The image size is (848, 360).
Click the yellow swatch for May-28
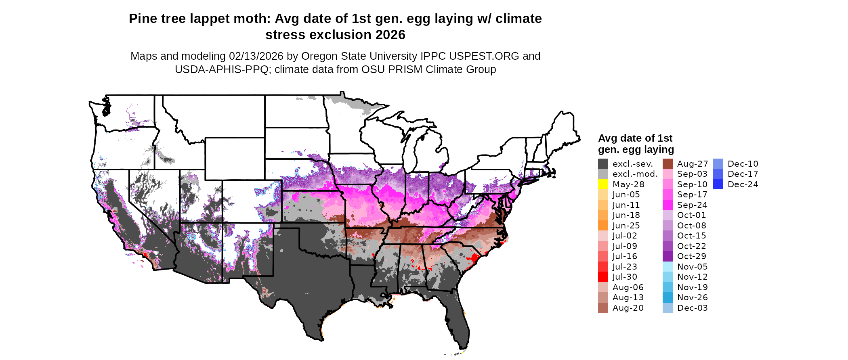point(603,184)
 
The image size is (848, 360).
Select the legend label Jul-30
point(625,277)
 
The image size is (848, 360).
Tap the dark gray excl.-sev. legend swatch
point(603,164)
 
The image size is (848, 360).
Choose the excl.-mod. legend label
point(635,174)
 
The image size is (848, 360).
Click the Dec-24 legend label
point(743,184)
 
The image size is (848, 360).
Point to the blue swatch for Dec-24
point(718,184)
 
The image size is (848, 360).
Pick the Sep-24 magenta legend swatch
point(667,205)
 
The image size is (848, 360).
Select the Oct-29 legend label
point(691,256)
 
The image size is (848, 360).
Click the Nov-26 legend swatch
point(667,297)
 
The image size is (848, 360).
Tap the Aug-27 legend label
point(692,164)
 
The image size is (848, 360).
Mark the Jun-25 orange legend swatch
point(603,226)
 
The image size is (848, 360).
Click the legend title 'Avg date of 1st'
point(635,138)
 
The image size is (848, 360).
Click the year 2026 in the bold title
point(390,35)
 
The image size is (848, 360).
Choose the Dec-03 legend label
point(692,308)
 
